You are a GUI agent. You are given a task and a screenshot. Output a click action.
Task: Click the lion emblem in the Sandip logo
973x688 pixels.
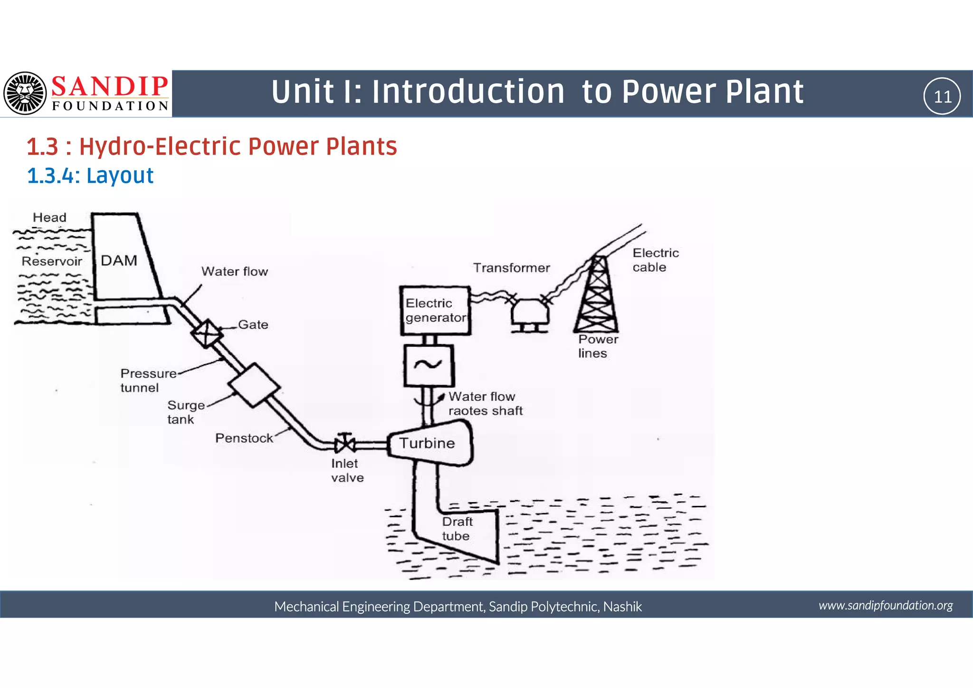click(x=25, y=93)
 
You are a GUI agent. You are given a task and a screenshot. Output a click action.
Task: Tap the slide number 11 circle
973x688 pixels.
click(x=942, y=96)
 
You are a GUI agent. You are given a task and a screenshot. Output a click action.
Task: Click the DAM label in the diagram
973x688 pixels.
click(x=119, y=261)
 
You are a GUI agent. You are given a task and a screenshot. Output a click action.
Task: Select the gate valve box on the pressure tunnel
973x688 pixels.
click(x=207, y=333)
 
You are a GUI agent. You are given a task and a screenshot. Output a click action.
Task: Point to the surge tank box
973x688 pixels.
click(x=254, y=385)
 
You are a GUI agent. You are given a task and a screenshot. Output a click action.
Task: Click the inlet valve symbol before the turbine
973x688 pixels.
click(x=345, y=444)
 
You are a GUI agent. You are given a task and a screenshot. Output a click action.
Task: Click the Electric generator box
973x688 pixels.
click(x=435, y=310)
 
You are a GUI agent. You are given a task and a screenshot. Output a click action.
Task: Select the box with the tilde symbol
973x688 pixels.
click(x=429, y=365)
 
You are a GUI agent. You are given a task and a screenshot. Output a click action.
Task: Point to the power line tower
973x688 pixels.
click(x=597, y=295)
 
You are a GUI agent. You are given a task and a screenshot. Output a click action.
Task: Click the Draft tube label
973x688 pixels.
click(x=457, y=529)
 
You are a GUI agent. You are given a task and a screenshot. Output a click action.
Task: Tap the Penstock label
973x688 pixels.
click(x=244, y=438)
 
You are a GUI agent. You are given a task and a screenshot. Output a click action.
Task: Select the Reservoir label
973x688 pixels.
click(x=52, y=261)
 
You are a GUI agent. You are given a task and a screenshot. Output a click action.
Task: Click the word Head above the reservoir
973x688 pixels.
click(x=49, y=217)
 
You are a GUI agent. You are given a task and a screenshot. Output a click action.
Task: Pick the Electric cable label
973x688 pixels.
click(x=655, y=260)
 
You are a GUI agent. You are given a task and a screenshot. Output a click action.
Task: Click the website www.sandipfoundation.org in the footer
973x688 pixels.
click(x=886, y=605)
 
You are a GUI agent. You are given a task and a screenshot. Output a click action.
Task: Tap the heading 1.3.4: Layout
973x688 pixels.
click(x=90, y=175)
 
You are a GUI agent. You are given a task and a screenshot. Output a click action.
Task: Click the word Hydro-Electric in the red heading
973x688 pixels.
click(x=161, y=146)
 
